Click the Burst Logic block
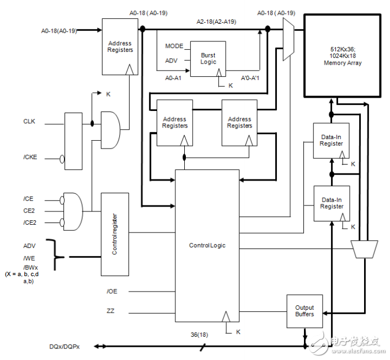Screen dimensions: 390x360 click(208, 59)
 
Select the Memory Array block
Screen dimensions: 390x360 click(343, 56)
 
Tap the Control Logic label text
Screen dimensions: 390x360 click(207, 246)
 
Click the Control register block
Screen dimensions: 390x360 click(115, 234)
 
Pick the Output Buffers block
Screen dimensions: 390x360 click(304, 311)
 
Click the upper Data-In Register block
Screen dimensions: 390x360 click(332, 141)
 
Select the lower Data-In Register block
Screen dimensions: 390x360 click(332, 203)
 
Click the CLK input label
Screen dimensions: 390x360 click(29, 121)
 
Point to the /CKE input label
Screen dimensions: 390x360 click(30, 157)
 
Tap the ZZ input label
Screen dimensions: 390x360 click(110, 311)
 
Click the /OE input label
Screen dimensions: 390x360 click(112, 292)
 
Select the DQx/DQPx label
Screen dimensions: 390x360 click(65, 347)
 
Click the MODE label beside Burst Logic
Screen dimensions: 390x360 click(174, 46)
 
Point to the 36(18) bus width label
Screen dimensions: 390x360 click(199, 335)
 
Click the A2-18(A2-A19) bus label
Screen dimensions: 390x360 click(216, 22)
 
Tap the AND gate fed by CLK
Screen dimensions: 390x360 click(110, 130)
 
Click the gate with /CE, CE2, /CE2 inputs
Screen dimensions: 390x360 click(73, 211)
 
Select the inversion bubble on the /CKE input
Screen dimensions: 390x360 click(62, 159)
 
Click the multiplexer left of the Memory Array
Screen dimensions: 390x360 click(289, 40)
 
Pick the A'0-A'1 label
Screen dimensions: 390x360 click(250, 78)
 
